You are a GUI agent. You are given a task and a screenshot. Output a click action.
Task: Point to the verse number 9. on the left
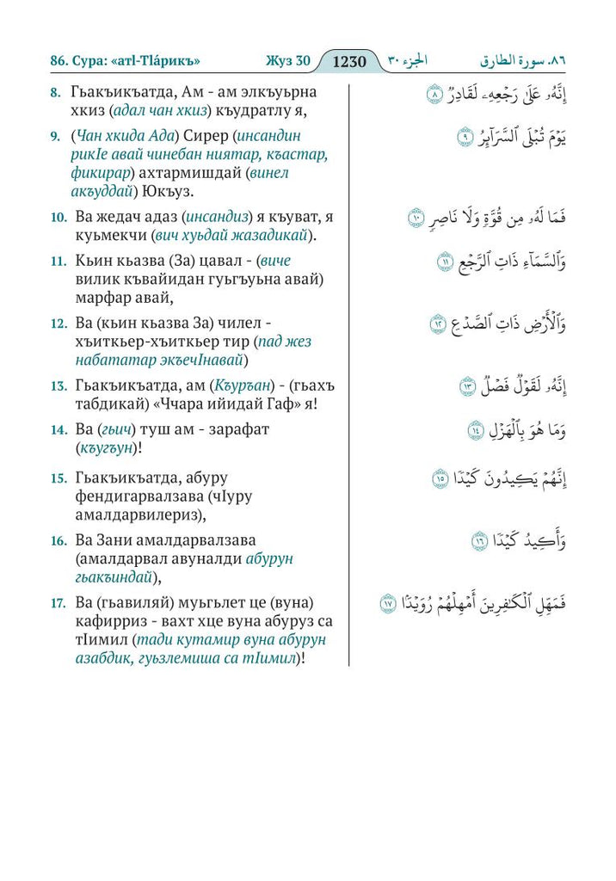pyautogui.click(x=54, y=136)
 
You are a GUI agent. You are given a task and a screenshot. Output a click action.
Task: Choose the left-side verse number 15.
pyautogui.click(x=58, y=477)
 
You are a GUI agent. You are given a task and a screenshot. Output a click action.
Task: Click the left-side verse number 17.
pyautogui.click(x=58, y=601)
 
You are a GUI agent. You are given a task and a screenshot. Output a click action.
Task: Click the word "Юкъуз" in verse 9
pyautogui.click(x=198, y=191)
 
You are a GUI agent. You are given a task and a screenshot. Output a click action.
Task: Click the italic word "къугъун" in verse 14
pyautogui.click(x=107, y=447)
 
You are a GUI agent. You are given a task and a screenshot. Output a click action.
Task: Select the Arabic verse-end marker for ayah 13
pyautogui.click(x=467, y=385)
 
